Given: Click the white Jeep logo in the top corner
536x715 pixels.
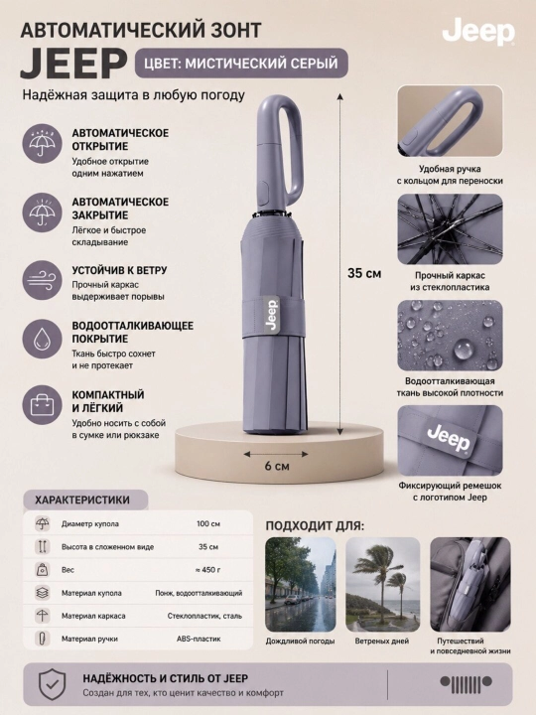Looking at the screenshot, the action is (478, 33).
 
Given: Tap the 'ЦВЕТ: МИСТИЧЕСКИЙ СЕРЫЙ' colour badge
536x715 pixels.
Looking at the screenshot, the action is (241, 63).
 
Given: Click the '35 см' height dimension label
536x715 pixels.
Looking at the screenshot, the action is (364, 273).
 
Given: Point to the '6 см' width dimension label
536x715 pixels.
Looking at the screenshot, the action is (277, 466).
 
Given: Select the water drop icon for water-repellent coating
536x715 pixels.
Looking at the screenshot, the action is (42, 340).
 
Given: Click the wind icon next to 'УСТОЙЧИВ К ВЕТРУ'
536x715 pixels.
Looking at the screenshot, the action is (42, 280).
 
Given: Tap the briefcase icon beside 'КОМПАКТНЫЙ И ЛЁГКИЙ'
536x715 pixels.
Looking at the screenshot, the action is (42, 405).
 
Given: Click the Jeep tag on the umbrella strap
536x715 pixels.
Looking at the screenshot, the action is (271, 315).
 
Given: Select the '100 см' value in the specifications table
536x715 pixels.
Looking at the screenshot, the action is (208, 524).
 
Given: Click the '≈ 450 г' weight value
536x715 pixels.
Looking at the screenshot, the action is (207, 570).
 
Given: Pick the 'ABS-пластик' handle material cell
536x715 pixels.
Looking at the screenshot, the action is (199, 639).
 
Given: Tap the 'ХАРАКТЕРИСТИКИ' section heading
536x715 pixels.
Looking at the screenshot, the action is (82, 500).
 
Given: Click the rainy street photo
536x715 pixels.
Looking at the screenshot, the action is (301, 585).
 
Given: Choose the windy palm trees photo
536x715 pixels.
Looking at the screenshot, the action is (383, 585).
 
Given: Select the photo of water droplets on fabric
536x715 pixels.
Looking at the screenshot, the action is (450, 336).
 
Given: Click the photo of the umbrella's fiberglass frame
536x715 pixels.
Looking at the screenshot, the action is (450, 229).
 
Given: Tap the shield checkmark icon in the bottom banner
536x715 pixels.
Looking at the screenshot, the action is (53, 684).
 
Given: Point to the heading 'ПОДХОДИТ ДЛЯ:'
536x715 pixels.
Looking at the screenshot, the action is (315, 525).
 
